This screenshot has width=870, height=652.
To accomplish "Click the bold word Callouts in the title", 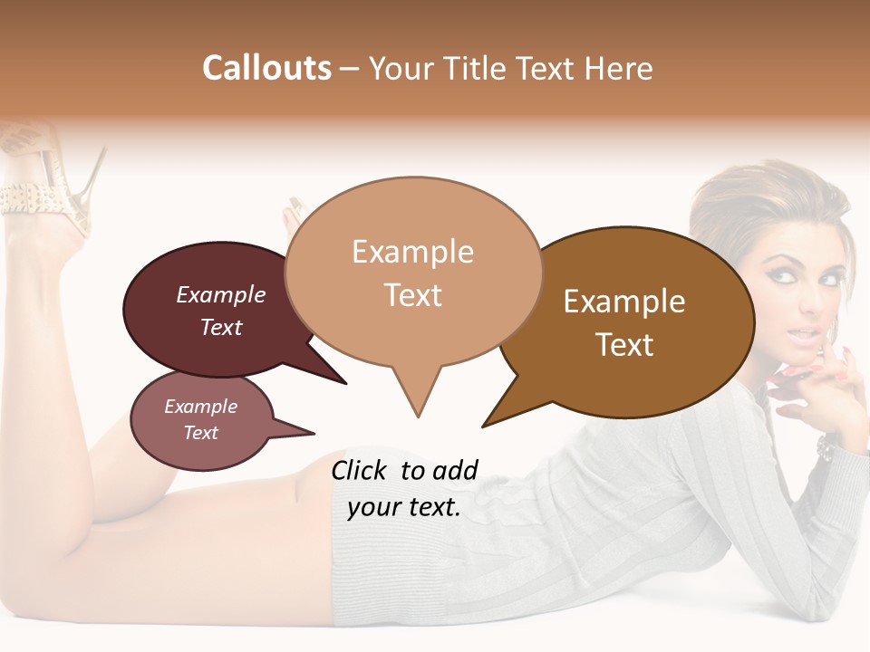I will [266, 68].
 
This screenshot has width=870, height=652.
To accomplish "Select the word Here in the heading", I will [618, 68].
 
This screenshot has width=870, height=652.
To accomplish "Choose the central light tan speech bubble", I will [413, 272].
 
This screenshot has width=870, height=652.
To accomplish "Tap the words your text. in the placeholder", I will [404, 507].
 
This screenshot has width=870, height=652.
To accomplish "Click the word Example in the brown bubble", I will [624, 301].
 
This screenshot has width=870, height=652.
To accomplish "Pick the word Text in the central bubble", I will [413, 295].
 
